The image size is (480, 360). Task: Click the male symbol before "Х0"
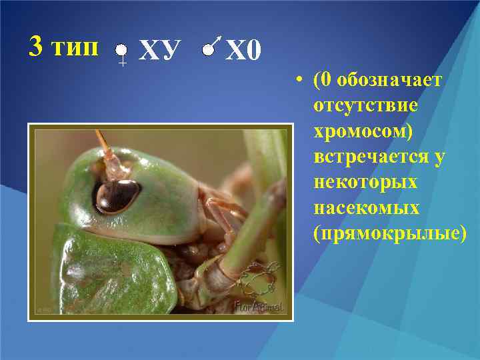click(x=211, y=47)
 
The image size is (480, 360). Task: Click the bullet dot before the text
click(x=302, y=81)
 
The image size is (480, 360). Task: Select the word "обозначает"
click(x=389, y=81)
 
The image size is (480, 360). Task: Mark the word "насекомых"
click(x=367, y=208)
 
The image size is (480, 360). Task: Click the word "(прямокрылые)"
click(x=391, y=234)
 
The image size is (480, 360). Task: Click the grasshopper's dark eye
click(x=117, y=195)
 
